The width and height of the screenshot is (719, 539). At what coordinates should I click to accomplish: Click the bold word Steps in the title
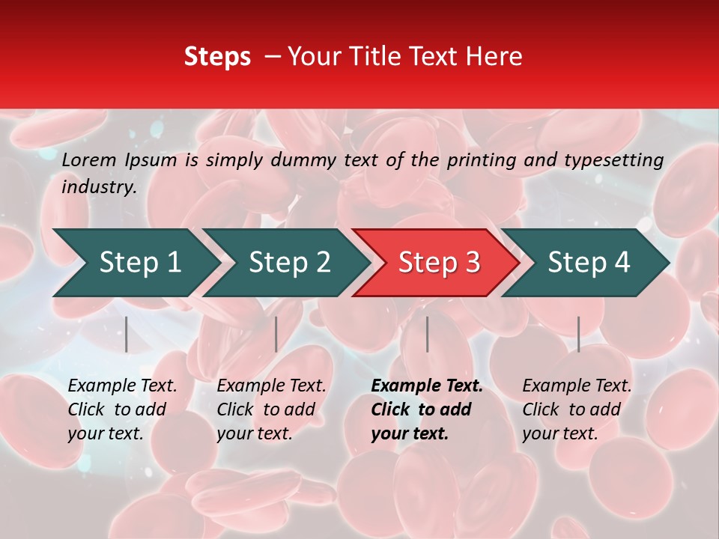pos(217,57)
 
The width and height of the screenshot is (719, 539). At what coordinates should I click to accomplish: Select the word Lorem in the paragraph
pos(89,159)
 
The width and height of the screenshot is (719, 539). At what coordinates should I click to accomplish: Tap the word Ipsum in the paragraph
pos(151,159)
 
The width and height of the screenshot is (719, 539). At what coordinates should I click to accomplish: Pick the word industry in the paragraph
pos(99,187)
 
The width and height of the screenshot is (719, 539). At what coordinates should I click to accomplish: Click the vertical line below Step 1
pos(127,334)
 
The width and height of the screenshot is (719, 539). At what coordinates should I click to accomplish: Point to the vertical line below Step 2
pos(276,334)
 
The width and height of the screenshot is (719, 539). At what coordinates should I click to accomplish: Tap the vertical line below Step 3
pos(427,334)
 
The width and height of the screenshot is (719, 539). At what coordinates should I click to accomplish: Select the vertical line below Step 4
pos(578,334)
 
